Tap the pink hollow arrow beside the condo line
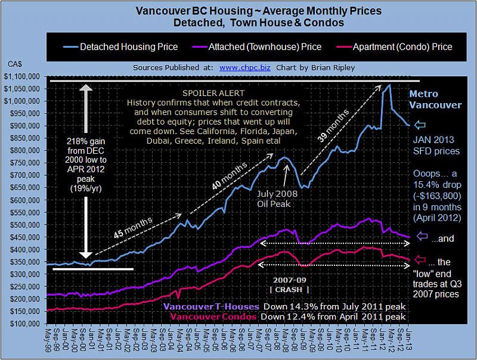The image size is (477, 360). pos(422,260)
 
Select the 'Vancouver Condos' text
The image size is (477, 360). pos(206,316)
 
